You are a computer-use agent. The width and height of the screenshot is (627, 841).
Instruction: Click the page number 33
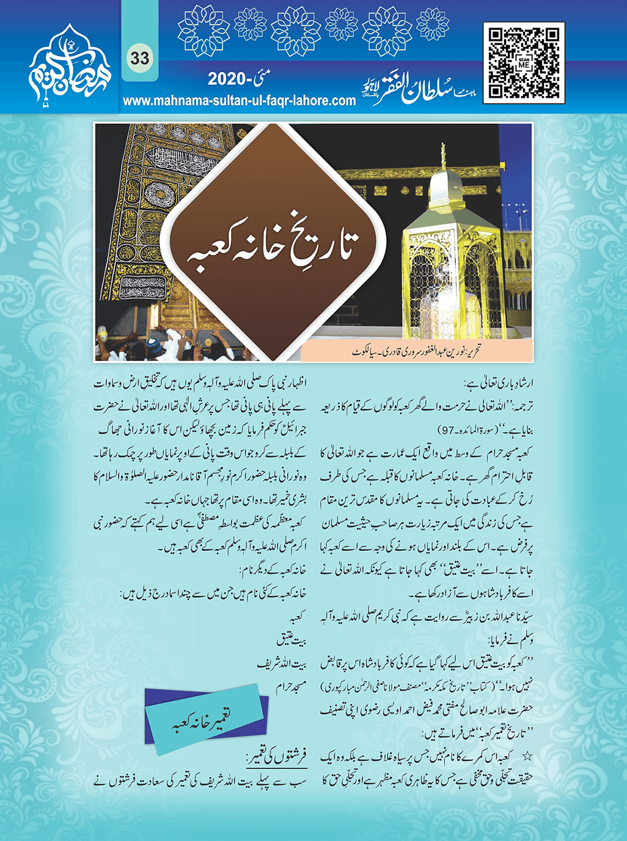(139, 59)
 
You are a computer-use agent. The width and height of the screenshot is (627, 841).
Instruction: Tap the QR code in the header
(524, 63)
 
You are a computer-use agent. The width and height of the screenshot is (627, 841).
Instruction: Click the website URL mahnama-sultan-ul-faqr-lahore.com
(239, 101)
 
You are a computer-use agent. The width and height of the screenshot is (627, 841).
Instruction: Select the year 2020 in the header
(227, 79)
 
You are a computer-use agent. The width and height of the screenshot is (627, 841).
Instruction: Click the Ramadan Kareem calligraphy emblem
(68, 68)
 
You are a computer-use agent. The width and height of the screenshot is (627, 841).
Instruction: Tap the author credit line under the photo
(416, 352)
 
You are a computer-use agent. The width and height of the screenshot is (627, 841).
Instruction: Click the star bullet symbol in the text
(527, 757)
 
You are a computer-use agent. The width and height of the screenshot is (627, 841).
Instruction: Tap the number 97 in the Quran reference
(452, 430)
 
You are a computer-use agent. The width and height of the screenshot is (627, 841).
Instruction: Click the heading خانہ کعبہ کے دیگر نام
(272, 571)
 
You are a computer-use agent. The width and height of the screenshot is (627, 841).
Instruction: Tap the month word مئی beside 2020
(262, 78)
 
